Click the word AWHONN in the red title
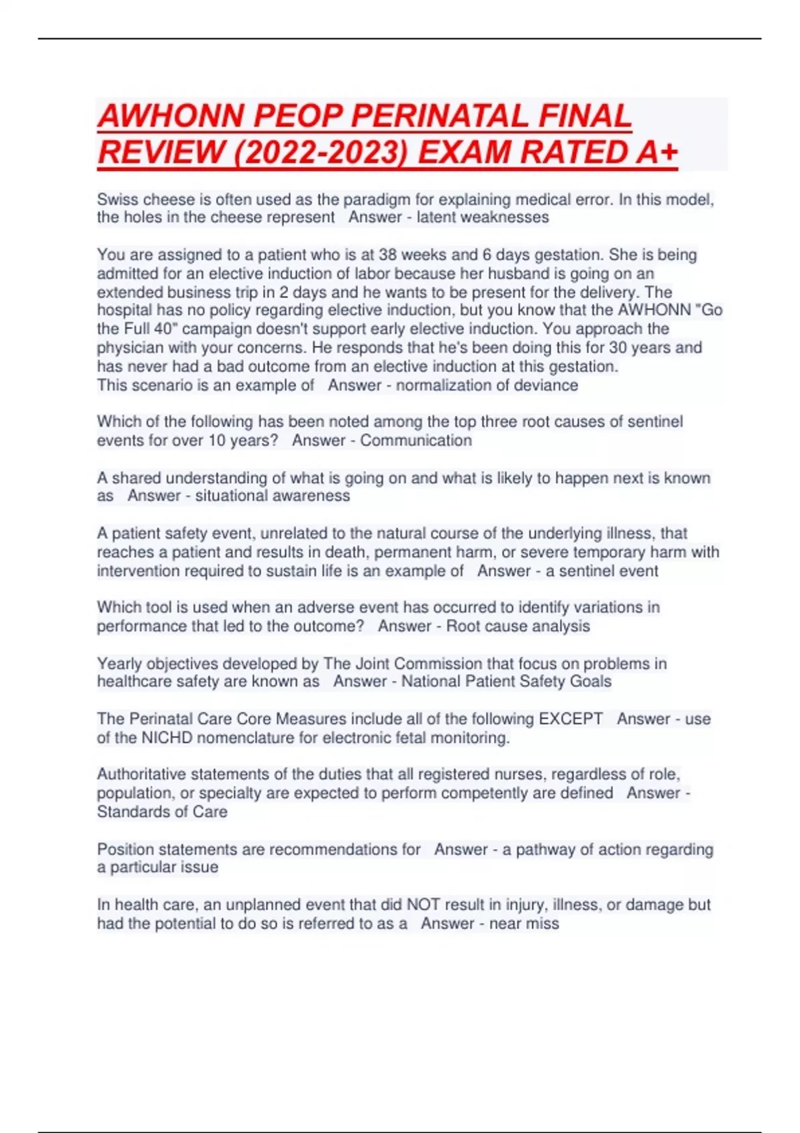click(171, 117)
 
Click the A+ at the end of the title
click(657, 153)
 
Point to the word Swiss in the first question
click(117, 199)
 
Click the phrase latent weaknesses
click(483, 217)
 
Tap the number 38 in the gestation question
click(388, 255)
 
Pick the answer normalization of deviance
click(487, 385)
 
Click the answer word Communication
click(416, 441)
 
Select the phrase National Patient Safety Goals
click(506, 681)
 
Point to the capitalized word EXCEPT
click(571, 719)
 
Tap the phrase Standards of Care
click(162, 812)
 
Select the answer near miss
click(524, 924)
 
